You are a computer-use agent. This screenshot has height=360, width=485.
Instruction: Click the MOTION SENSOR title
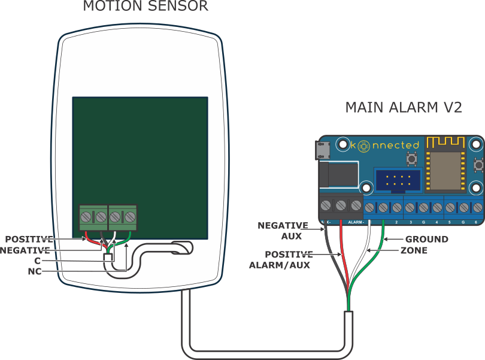(x=145, y=7)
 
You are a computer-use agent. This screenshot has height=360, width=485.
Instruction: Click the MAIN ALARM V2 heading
(x=404, y=108)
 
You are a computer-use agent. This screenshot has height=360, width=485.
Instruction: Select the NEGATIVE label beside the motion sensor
(x=25, y=250)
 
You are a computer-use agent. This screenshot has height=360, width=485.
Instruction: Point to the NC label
(x=35, y=271)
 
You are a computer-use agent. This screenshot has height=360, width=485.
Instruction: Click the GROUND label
(x=426, y=239)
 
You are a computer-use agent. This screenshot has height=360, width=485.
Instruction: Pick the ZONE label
(x=414, y=250)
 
